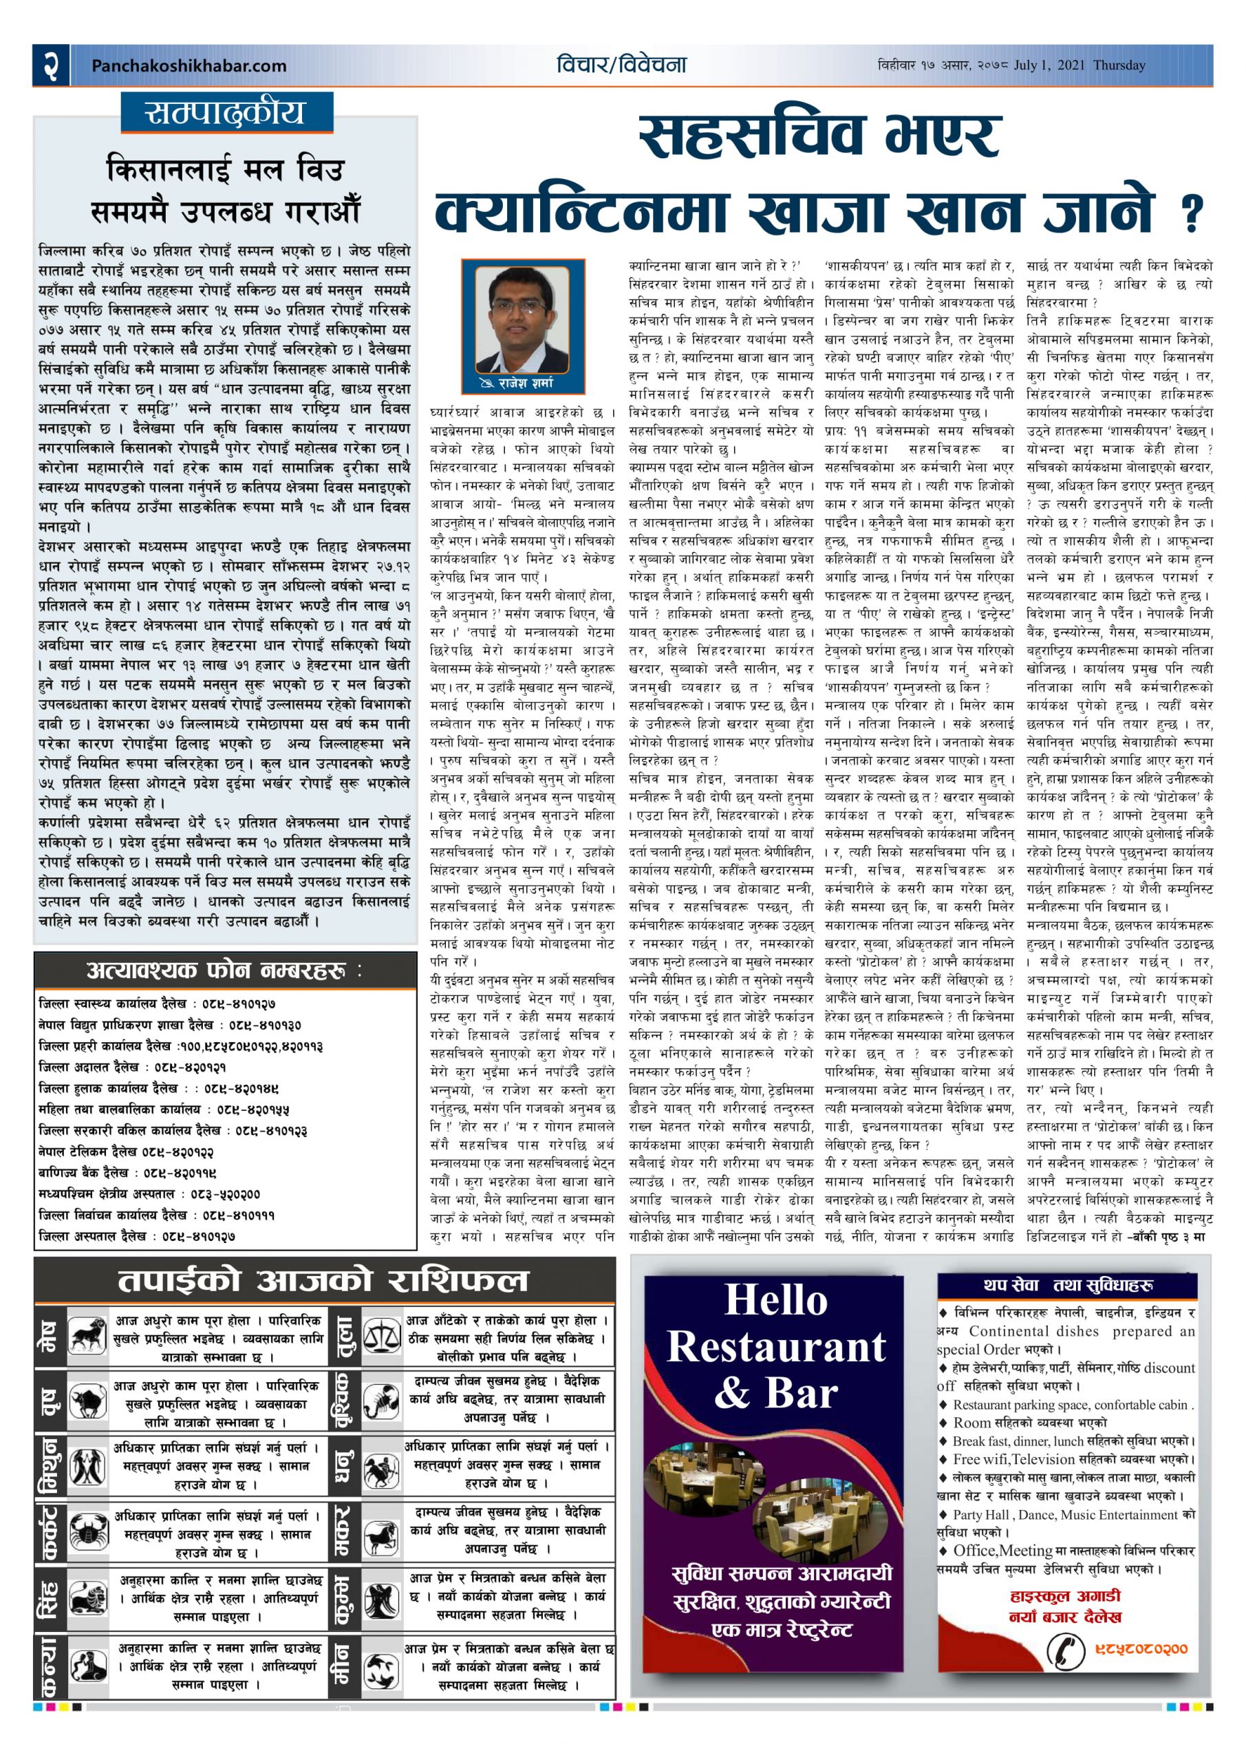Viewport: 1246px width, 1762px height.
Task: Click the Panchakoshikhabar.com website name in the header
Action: pyautogui.click(x=189, y=66)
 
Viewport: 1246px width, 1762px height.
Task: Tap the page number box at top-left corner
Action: pyautogui.click(x=52, y=65)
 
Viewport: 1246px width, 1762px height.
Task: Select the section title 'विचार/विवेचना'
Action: pyautogui.click(x=621, y=65)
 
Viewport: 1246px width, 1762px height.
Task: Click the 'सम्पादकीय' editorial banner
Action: pyautogui.click(x=226, y=113)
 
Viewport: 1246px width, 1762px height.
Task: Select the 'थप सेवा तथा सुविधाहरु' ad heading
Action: pyautogui.click(x=1068, y=1284)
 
